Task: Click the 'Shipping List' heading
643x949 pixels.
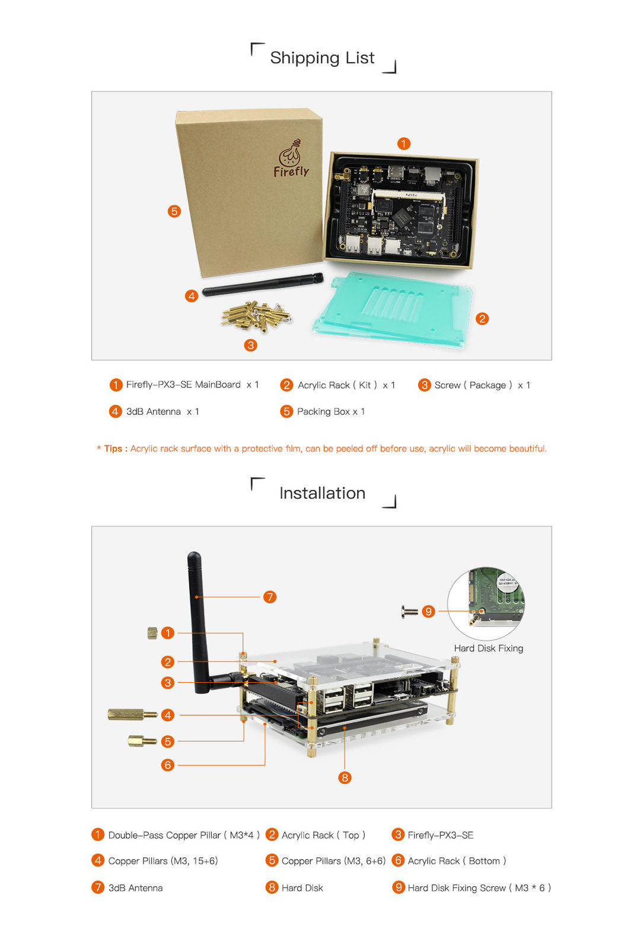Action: click(322, 58)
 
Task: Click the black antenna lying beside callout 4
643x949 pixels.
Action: click(263, 284)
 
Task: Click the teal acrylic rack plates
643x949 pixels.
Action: click(392, 310)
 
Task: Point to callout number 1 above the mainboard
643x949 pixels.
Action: click(404, 144)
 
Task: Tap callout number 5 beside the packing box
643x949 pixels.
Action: click(174, 211)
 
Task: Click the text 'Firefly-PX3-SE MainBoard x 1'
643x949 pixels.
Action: click(192, 385)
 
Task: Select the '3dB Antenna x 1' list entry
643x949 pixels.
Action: click(163, 412)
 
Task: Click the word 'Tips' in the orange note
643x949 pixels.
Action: click(113, 448)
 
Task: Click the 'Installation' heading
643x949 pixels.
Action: click(322, 493)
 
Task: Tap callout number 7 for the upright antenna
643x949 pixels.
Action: click(270, 597)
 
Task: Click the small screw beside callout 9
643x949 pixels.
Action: click(409, 612)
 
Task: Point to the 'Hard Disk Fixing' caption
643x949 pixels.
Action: click(488, 648)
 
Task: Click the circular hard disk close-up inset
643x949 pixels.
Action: click(486, 603)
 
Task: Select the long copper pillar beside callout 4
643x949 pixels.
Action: click(133, 715)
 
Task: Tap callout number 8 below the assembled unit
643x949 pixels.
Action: click(345, 778)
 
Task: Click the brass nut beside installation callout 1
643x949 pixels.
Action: click(152, 633)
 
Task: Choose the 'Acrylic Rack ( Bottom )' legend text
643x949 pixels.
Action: click(457, 861)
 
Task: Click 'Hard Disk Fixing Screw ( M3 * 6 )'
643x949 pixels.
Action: click(479, 887)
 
